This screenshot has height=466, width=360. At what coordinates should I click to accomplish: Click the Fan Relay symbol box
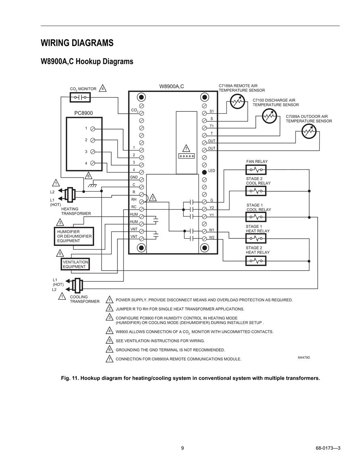256,170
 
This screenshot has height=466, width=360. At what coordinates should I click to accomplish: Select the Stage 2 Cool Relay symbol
256,191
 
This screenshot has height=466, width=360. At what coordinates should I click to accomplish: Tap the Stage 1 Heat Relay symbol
256,238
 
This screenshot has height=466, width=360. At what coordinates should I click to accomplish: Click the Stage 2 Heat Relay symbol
256,261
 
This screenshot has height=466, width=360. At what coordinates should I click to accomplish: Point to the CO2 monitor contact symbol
80,97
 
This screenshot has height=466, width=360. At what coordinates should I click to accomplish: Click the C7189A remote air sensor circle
238,102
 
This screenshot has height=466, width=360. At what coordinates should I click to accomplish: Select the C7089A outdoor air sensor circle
309,132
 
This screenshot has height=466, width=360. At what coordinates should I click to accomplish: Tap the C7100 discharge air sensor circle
269,116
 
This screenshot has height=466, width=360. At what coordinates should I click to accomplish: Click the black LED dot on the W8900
204,172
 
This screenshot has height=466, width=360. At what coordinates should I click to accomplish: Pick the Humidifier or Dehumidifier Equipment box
74,236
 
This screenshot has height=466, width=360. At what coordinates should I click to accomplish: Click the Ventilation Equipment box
75,264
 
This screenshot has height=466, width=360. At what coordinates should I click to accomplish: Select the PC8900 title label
84,113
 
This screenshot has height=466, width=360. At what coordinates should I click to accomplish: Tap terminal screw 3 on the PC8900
92,152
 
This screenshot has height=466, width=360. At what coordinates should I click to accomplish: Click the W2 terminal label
211,238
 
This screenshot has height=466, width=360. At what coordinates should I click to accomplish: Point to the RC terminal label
134,207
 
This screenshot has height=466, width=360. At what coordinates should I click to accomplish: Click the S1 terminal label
211,111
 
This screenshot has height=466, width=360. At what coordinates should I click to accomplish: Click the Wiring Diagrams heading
77,43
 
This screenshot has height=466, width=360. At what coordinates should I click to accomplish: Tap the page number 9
182,448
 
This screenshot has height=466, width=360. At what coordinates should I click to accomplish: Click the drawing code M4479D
304,357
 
